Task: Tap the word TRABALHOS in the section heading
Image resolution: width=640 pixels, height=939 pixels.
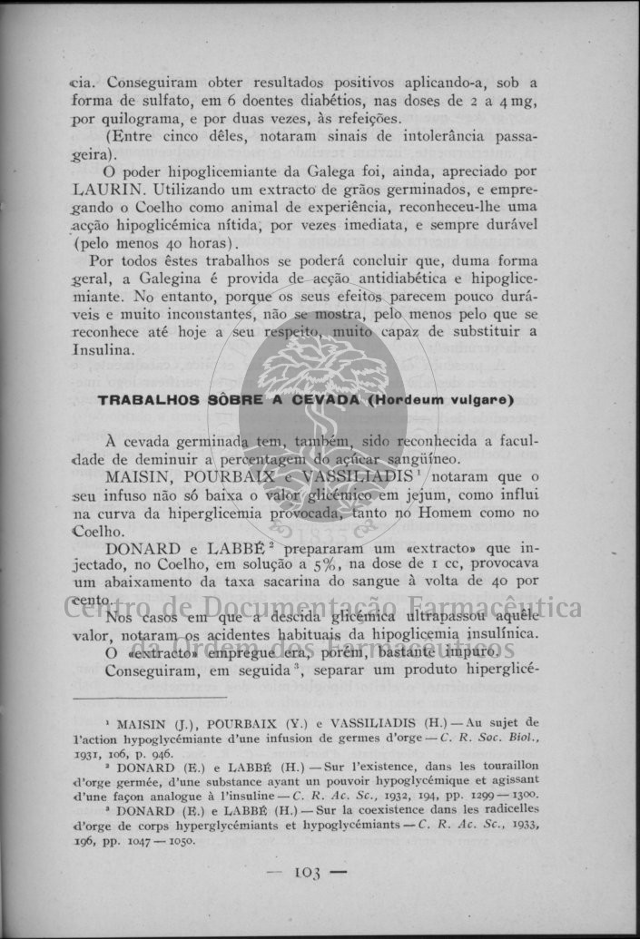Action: point(141,400)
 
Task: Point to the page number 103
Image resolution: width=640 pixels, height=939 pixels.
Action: point(309,874)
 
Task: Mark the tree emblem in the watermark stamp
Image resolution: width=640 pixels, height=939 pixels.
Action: point(324,381)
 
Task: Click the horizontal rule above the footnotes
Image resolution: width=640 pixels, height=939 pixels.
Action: point(150,698)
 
